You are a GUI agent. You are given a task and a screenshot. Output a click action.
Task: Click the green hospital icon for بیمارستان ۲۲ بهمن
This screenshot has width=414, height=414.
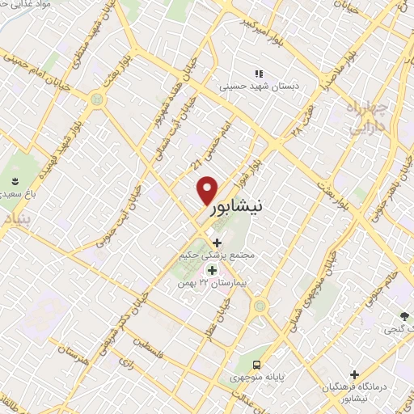coord(213,270)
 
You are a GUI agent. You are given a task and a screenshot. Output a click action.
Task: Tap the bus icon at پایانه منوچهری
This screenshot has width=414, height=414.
coord(256,363)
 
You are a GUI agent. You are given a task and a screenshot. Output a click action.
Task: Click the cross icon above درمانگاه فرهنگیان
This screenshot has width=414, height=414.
coord(354,374)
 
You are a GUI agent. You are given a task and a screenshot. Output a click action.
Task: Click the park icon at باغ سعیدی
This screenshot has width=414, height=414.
coord(14,179)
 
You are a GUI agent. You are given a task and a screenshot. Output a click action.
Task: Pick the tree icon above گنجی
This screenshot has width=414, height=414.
coord(405,315)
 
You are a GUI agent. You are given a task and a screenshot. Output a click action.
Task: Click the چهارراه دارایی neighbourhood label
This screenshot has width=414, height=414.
coord(369,117)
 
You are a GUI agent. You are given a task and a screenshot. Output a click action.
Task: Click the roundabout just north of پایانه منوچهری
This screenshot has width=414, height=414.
coord(259,306)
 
